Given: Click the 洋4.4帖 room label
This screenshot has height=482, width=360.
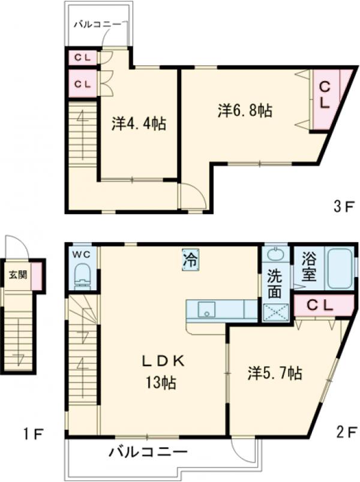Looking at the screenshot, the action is [139, 124].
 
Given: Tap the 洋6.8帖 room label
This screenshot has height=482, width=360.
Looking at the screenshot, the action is [245, 110].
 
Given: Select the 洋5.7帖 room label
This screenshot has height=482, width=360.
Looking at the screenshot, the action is [275, 373].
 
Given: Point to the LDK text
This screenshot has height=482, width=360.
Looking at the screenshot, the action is [163, 362].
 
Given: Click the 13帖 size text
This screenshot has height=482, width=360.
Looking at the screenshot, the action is [161, 383].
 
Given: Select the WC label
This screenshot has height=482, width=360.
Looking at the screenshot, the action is [81, 254].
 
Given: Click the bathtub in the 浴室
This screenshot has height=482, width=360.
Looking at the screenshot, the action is [340, 269].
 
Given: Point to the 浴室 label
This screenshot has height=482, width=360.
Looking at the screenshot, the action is [308, 267].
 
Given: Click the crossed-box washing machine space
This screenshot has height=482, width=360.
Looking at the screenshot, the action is [276, 312].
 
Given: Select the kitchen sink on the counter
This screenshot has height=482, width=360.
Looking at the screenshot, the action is [206, 309].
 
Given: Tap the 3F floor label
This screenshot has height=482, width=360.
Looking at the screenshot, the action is [344, 207].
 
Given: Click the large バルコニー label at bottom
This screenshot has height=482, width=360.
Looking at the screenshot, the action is [148, 451].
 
